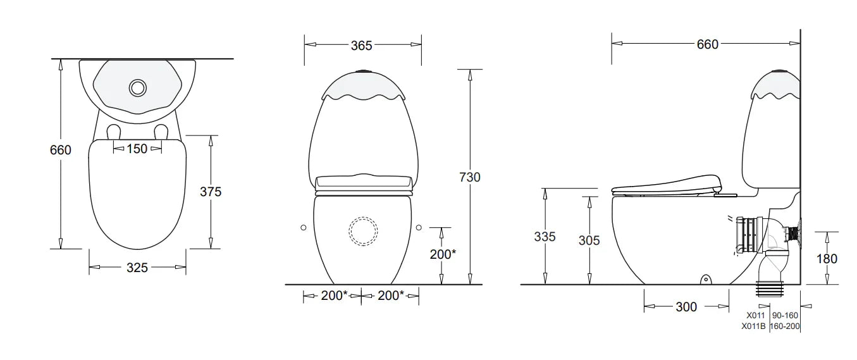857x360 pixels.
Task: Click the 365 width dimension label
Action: point(361,46)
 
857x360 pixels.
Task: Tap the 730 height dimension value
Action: point(469,177)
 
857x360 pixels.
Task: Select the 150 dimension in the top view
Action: point(137,149)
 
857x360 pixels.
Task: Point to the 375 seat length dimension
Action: point(211,192)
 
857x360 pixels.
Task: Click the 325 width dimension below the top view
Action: point(137,268)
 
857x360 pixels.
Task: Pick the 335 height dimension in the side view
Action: point(545,237)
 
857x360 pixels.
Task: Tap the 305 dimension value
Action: point(589,240)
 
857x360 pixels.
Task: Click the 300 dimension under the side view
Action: point(686,307)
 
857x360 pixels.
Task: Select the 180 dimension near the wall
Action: point(827,259)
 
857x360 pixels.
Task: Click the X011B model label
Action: point(753,326)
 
